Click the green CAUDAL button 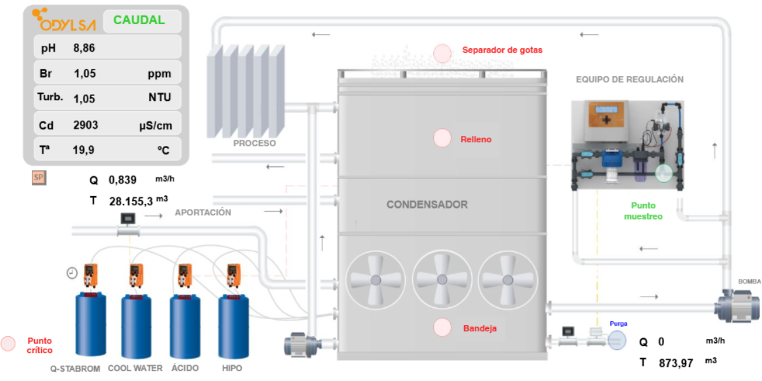pyautogui.click(x=139, y=20)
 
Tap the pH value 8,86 pyautogui.click(x=84, y=48)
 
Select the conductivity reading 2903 pyautogui.click(x=86, y=125)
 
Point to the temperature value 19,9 pyautogui.click(x=84, y=150)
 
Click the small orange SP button pyautogui.click(x=39, y=178)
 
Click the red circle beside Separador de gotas pyautogui.click(x=442, y=54)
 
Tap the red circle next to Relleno pyautogui.click(x=442, y=138)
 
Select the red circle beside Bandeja pyautogui.click(x=442, y=327)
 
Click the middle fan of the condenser pyautogui.click(x=442, y=279)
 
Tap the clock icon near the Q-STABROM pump pyautogui.click(x=72, y=273)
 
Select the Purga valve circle pyautogui.click(x=617, y=340)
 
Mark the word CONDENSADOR pyautogui.click(x=427, y=205)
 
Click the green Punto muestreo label pyautogui.click(x=643, y=211)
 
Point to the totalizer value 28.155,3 pyautogui.click(x=131, y=201)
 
